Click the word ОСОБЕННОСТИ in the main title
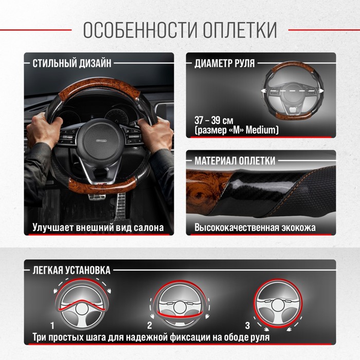click(140, 30)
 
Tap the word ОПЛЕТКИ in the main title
click(240, 30)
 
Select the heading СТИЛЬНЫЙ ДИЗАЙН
click(72, 63)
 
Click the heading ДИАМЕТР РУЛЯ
click(225, 63)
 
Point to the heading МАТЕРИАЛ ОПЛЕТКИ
click(235, 160)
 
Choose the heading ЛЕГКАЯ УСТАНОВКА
click(71, 270)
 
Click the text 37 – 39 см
click(214, 120)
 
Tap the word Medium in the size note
click(262, 130)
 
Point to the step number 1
click(52, 326)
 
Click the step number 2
click(150, 326)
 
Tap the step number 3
click(247, 326)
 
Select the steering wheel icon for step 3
click(278, 303)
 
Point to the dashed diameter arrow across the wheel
click(292, 91)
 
